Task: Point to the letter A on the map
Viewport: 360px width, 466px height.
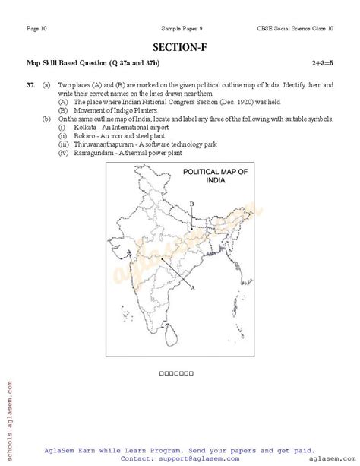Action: (194, 289)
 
